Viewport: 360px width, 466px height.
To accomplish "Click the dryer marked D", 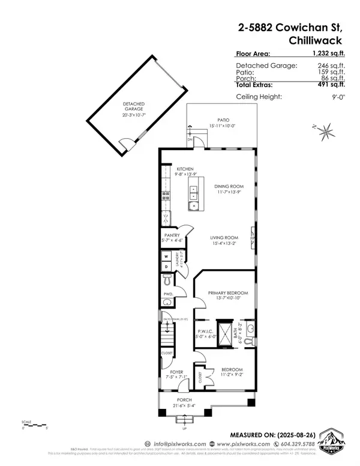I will tap(166, 266).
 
